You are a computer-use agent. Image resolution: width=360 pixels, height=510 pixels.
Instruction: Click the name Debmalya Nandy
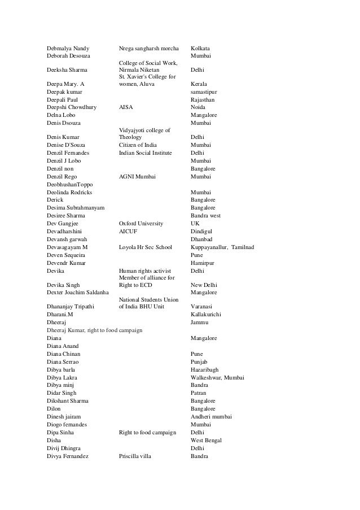click(69, 48)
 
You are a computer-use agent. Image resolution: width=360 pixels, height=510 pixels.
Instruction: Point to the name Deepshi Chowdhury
click(72, 106)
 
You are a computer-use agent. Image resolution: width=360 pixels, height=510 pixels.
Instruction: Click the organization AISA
click(126, 106)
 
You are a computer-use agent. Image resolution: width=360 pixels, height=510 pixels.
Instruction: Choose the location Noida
click(199, 106)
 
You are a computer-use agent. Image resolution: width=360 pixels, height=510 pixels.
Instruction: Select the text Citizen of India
click(140, 145)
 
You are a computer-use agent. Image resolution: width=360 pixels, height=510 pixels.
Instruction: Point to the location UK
click(195, 224)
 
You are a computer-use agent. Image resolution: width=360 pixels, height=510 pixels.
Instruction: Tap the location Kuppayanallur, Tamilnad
click(222, 247)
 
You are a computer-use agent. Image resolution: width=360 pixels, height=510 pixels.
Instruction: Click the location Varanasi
click(203, 307)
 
